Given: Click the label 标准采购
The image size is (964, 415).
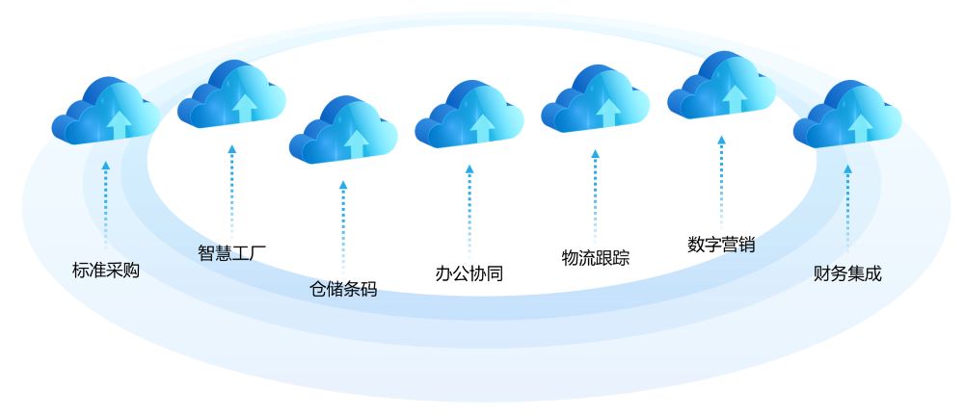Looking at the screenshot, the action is (106, 271).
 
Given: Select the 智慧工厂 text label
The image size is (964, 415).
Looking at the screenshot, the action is (231, 252).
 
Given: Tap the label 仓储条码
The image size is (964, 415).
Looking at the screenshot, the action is (343, 289).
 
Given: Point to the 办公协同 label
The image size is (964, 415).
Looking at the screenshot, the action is (469, 273).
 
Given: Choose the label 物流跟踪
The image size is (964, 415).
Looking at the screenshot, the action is (595, 257).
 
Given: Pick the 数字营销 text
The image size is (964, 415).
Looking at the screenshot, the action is (721, 245).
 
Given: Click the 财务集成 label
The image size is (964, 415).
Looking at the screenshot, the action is (847, 273).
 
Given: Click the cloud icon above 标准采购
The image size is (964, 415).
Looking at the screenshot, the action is (106, 111).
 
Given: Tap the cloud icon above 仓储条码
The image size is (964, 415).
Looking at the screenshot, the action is (343, 129).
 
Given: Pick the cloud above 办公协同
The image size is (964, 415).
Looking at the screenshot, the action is (469, 114).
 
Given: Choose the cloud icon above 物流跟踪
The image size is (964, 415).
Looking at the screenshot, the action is (595, 98).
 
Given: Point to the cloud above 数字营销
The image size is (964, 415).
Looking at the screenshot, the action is (721, 85).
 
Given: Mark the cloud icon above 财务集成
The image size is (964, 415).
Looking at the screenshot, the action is (847, 114).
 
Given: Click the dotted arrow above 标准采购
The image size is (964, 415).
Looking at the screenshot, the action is (106, 204).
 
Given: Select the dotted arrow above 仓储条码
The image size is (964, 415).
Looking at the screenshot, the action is (343, 224).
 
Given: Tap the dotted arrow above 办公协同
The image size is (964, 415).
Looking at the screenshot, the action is (469, 209).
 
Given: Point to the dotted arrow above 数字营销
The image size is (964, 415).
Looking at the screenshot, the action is (721, 181).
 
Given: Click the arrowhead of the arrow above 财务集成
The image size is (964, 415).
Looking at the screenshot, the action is (847, 169).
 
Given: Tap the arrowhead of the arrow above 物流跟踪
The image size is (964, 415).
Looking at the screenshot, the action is (595, 153).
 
